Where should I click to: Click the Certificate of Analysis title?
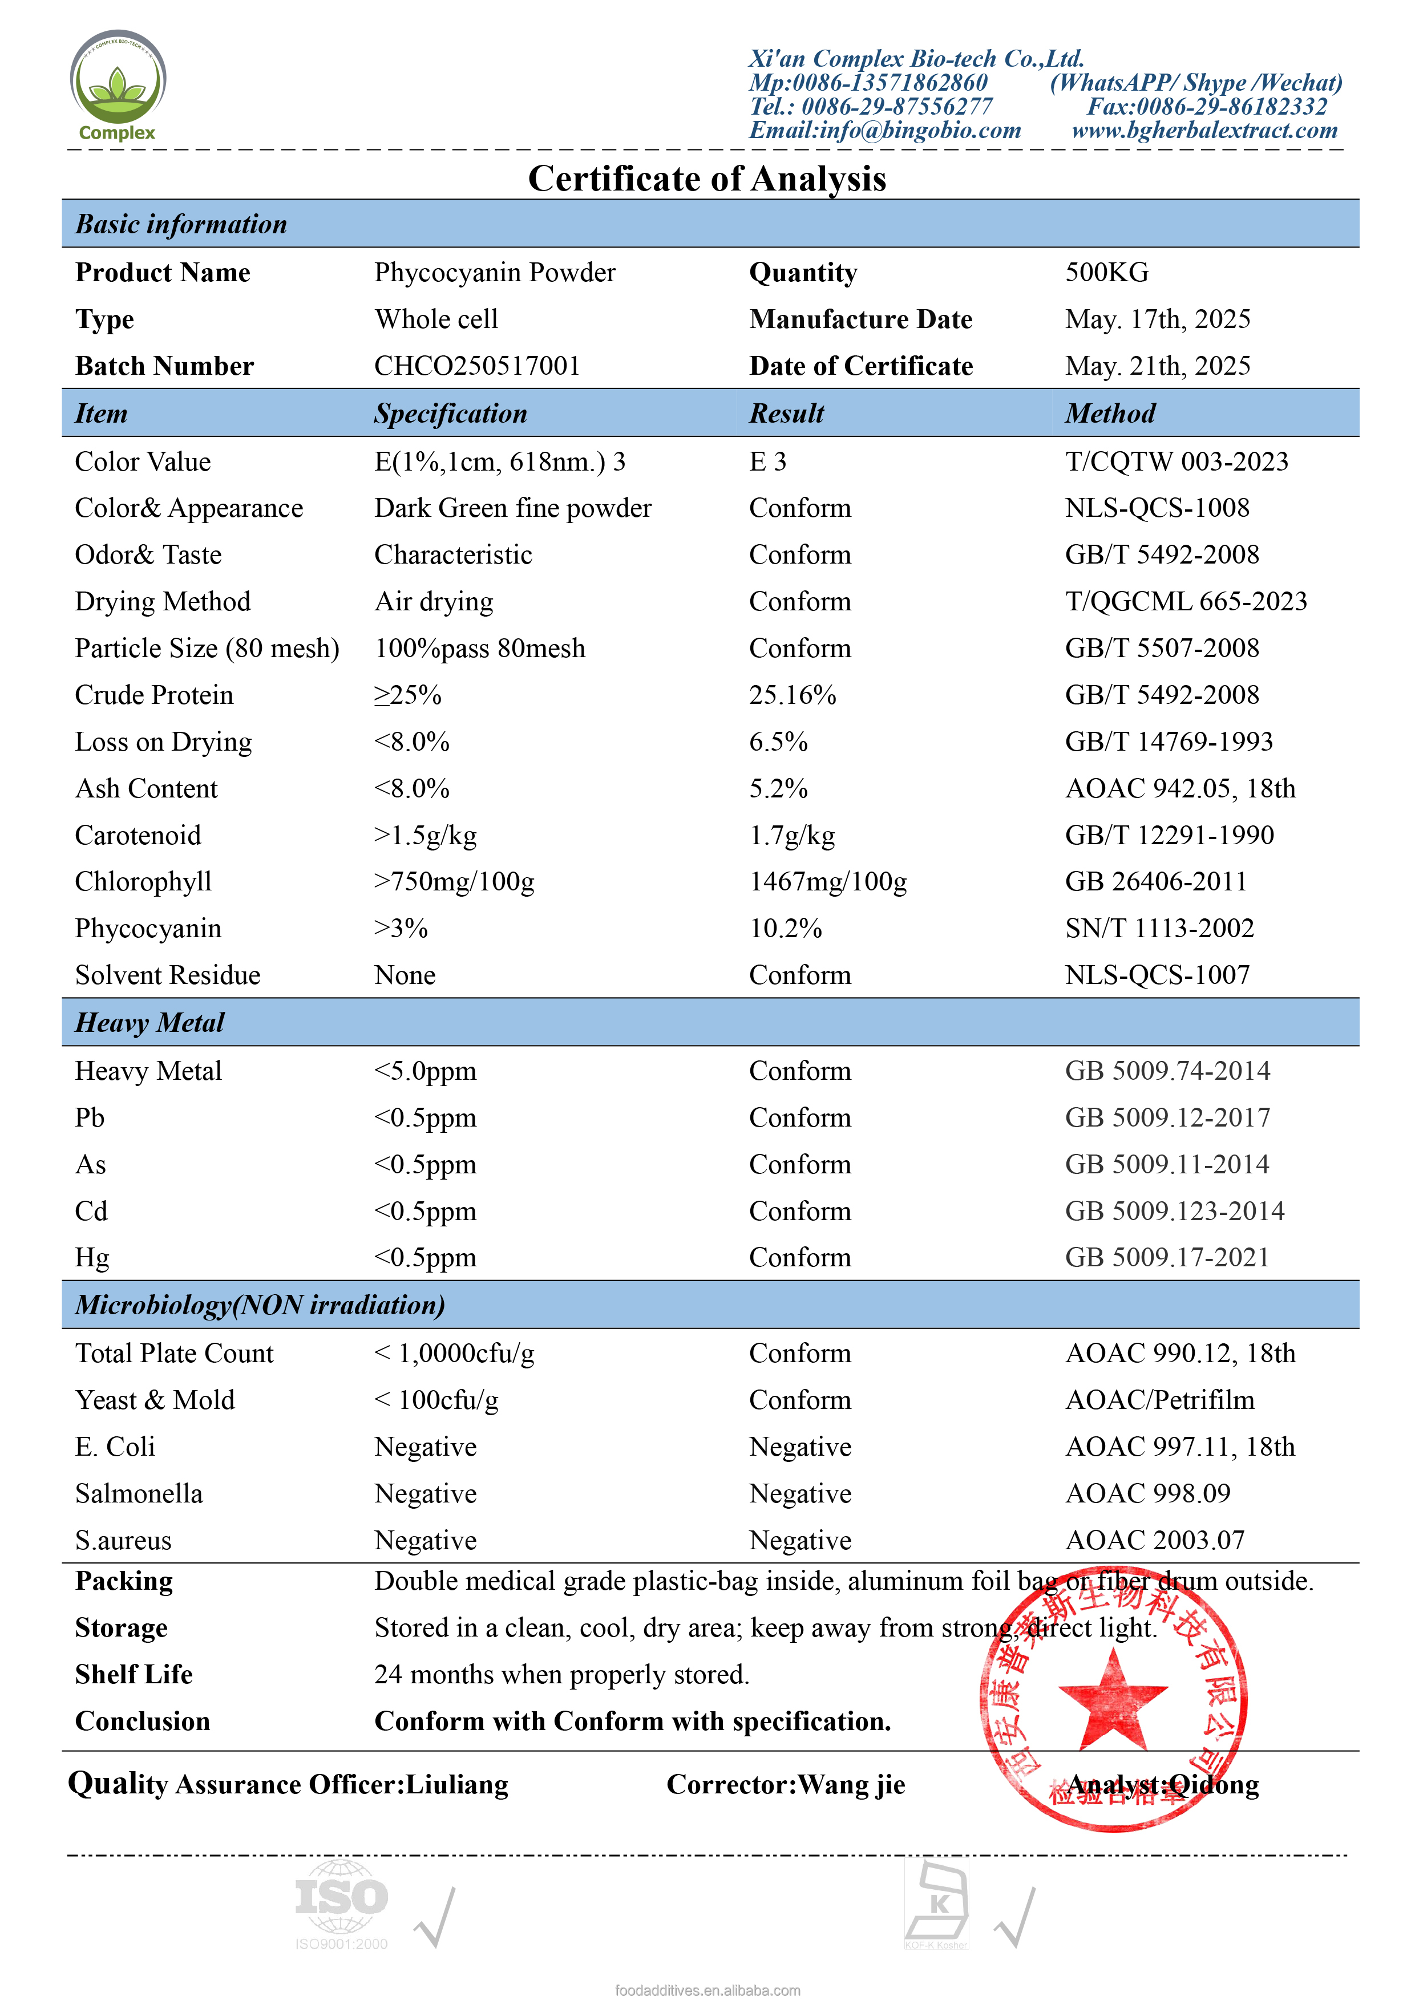tap(707, 179)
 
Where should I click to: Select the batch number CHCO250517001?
tap(477, 366)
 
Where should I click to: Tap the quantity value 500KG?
tap(1106, 273)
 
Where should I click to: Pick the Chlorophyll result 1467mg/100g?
tap(827, 882)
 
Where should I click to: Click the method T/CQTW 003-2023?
tap(1176, 462)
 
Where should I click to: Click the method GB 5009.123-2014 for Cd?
tap(1174, 1212)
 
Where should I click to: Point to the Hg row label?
tap(91, 1258)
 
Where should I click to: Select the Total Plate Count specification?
tap(454, 1354)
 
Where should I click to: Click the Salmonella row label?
tap(139, 1494)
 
